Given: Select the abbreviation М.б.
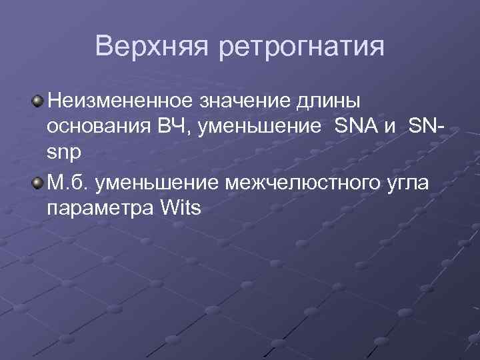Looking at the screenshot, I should (x=67, y=182).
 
